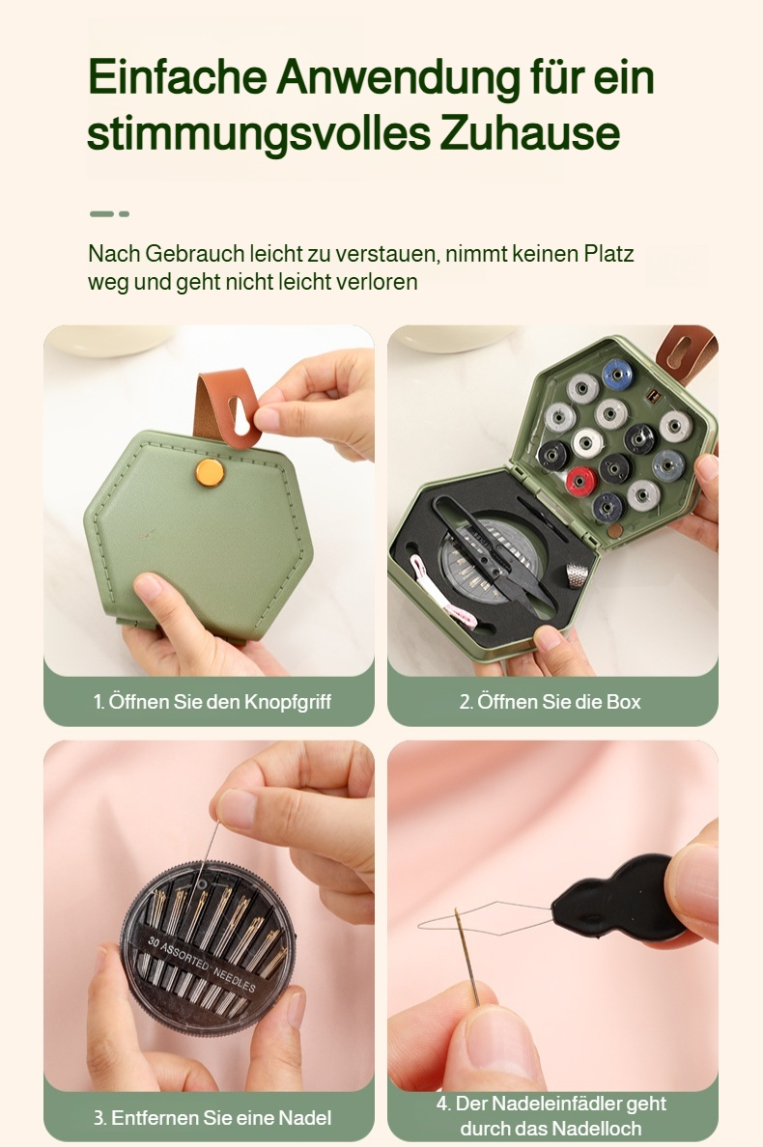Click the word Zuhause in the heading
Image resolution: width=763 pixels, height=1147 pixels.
point(529,133)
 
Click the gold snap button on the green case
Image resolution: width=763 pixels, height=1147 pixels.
point(208,471)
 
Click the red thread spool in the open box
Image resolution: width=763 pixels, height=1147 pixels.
point(580,480)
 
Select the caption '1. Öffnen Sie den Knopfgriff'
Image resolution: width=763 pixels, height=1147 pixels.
point(212,702)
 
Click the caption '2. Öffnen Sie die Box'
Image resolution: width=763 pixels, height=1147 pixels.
point(550,702)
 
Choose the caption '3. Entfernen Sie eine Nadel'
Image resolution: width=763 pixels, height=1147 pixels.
point(212,1118)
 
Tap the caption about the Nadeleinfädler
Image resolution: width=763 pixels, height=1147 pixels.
point(551,1115)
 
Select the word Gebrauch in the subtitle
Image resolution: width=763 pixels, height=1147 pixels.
point(196,255)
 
